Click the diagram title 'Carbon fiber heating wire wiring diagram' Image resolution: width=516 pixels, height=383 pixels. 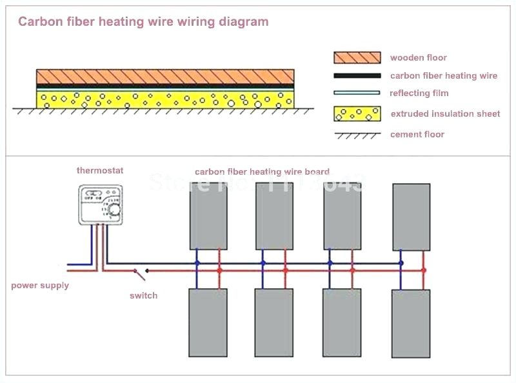(x=143, y=22)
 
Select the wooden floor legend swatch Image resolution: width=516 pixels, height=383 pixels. (x=357, y=57)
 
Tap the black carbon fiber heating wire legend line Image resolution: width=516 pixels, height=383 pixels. (x=357, y=76)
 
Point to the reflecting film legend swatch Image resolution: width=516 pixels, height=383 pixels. (x=357, y=93)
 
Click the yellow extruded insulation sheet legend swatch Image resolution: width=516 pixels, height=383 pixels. (x=357, y=113)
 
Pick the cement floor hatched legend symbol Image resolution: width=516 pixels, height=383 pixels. (x=357, y=135)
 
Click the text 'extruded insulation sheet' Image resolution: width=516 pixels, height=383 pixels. (x=445, y=114)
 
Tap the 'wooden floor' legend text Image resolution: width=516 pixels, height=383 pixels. (x=418, y=58)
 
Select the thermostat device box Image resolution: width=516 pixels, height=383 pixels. (x=100, y=206)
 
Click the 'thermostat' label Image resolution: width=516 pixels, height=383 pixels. (x=100, y=171)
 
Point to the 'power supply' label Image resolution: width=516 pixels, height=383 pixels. (x=40, y=286)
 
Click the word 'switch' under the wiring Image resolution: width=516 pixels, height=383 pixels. (x=143, y=295)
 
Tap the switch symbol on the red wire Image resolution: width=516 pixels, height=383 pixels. (x=139, y=273)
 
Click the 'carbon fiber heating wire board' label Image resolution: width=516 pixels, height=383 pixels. (x=262, y=172)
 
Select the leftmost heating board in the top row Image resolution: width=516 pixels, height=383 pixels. (x=208, y=215)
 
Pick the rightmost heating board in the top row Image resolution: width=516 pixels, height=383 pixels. (x=411, y=217)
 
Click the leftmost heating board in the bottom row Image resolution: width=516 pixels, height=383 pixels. (x=208, y=322)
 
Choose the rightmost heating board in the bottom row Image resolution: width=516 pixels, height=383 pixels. (x=410, y=323)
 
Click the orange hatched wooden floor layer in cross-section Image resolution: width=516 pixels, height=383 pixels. (x=165, y=77)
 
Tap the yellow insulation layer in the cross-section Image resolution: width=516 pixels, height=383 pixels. (x=165, y=99)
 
